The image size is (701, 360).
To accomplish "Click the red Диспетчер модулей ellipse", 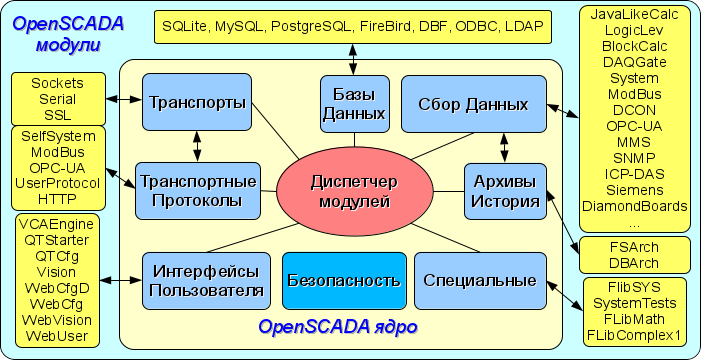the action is [x=355, y=192].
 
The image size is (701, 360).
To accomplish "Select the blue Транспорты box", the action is [x=197, y=102].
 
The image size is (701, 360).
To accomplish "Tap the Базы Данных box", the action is [x=355, y=104].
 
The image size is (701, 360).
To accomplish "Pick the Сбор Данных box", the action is [x=474, y=104].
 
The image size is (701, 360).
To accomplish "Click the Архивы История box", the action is [x=506, y=191].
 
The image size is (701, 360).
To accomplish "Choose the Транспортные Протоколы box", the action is [x=198, y=191].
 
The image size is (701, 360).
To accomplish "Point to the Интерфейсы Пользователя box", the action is [x=207, y=281].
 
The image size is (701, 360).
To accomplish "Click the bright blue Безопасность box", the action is [x=344, y=281].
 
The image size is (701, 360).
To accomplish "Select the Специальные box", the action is [x=481, y=281].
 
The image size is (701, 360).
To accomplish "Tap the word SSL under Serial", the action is [x=58, y=115].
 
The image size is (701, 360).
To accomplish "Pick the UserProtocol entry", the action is [x=58, y=183].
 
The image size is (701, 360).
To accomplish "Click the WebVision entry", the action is [x=57, y=320].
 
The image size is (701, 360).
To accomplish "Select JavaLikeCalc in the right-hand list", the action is [x=634, y=14].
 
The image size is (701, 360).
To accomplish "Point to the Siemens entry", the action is [x=634, y=190].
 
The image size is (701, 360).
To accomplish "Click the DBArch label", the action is [x=634, y=263].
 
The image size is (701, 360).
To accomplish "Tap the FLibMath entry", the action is [x=634, y=319].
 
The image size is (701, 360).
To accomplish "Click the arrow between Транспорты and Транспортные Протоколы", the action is [x=197, y=147].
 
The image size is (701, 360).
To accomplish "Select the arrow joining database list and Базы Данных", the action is [x=353, y=59].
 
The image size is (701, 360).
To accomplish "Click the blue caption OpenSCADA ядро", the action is [x=338, y=327].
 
